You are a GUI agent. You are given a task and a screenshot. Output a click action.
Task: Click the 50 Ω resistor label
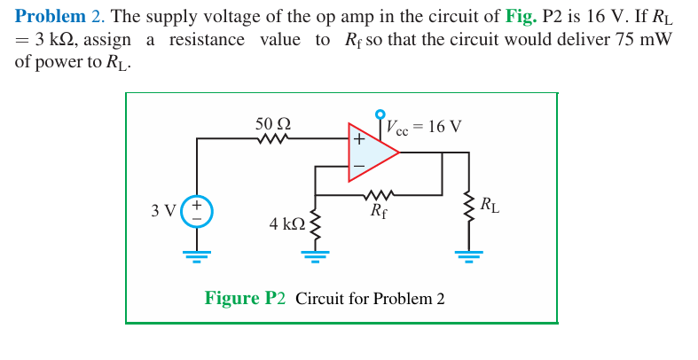(x=273, y=124)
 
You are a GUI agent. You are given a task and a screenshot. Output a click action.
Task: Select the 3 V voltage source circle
(x=197, y=210)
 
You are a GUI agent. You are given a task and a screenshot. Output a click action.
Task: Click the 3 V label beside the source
(x=163, y=211)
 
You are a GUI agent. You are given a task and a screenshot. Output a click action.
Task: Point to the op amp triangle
(x=371, y=153)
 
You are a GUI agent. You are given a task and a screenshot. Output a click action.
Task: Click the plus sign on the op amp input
(x=358, y=139)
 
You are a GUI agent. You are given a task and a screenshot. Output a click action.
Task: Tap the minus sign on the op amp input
(x=358, y=166)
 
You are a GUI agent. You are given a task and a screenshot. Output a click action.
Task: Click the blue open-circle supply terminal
(x=380, y=114)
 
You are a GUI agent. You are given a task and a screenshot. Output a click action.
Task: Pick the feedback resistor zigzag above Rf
(x=379, y=193)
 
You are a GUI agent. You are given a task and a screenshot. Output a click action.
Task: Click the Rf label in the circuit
(x=378, y=211)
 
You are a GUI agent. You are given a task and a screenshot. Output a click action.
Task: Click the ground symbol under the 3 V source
(x=197, y=256)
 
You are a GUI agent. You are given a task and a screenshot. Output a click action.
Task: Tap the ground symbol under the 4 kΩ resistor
(x=313, y=256)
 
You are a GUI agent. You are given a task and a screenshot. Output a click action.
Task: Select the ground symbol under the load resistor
(x=468, y=256)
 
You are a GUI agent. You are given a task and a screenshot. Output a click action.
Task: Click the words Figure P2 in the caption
(x=245, y=298)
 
